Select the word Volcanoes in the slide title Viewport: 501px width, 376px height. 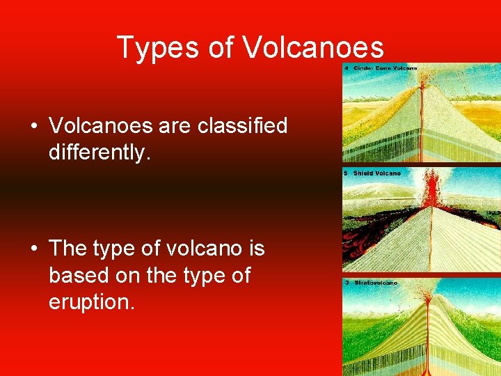[314, 47]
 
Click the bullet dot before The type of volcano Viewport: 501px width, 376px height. [33, 249]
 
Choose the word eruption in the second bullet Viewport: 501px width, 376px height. [90, 303]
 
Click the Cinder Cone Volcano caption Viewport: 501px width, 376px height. [385, 68]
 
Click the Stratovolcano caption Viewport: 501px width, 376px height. [375, 283]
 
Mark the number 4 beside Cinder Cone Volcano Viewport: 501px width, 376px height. [347, 68]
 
